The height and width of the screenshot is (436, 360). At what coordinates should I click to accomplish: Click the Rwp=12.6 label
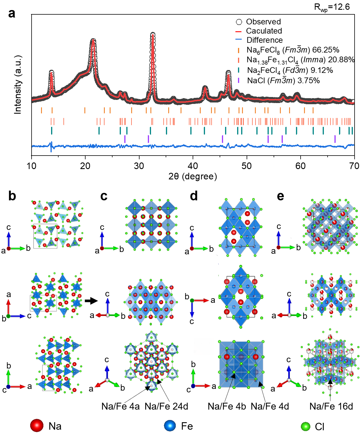tap(332, 7)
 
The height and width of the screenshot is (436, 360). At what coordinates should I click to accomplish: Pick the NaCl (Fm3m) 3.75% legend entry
tap(283, 81)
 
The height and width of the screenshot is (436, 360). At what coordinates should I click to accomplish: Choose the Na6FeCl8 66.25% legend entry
tap(293, 50)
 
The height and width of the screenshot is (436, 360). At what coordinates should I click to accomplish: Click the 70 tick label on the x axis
tap(354, 166)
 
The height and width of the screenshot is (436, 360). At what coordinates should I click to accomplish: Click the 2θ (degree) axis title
tap(193, 176)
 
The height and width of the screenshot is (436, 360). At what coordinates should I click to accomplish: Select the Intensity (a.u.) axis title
tap(18, 85)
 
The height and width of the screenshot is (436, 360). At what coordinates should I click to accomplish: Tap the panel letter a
tap(11, 13)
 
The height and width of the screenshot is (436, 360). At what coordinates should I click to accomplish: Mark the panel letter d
tap(194, 196)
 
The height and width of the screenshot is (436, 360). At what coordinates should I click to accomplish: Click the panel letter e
tap(280, 196)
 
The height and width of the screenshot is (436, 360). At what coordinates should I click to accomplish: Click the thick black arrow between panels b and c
tap(91, 301)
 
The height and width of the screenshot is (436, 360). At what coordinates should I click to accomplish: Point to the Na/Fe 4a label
tap(121, 406)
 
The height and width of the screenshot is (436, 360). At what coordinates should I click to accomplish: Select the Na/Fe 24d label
tap(167, 406)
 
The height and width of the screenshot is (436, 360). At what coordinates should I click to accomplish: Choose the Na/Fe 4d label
tap(270, 406)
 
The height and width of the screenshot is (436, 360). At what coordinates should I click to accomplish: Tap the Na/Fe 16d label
tap(331, 406)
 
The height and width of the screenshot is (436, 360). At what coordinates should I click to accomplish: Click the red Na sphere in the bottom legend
tap(37, 426)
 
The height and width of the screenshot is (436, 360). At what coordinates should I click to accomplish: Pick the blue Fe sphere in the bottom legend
tap(170, 426)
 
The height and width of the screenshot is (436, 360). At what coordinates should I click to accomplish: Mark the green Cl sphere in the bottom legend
tap(305, 426)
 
